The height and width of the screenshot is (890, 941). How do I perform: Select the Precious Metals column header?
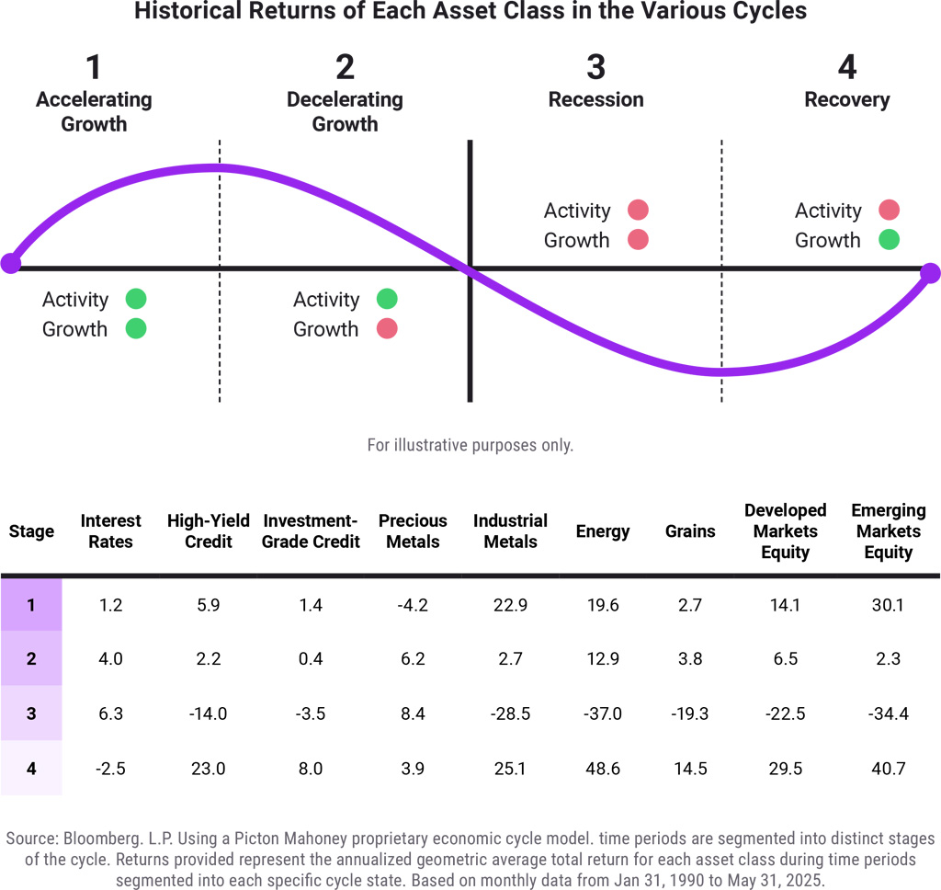pos(413,531)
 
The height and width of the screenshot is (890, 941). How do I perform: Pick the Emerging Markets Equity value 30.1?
pos(888,605)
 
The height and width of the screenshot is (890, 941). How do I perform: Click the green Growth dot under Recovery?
pos(887,240)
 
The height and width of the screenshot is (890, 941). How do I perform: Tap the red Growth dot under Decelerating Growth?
pos(386,328)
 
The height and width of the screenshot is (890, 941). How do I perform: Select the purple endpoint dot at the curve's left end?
pos(10,263)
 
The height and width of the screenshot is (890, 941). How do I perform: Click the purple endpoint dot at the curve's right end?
pos(930,273)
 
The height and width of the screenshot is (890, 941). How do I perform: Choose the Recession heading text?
pos(595,100)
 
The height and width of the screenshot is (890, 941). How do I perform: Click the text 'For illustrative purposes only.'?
pos(470,445)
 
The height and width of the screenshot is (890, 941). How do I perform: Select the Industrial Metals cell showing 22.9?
pos(510,605)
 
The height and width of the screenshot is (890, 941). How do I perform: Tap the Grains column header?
pos(690,531)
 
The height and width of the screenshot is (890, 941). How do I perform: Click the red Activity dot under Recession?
pos(637,211)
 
